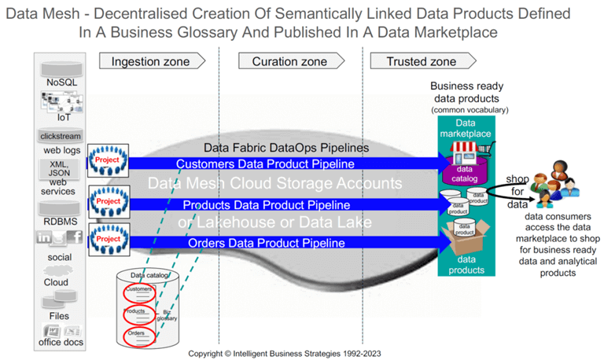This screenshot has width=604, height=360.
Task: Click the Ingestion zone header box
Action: [147, 61]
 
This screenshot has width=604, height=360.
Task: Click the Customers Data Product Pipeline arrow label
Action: [265, 163]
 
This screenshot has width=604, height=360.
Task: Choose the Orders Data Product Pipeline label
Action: [266, 243]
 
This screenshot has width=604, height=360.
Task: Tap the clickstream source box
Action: [60, 136]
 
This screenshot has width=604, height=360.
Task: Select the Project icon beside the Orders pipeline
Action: [106, 238]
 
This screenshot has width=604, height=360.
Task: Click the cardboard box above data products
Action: [464, 236]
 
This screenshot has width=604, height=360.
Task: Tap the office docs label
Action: [61, 341]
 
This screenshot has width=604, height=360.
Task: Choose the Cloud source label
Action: [56, 282]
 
